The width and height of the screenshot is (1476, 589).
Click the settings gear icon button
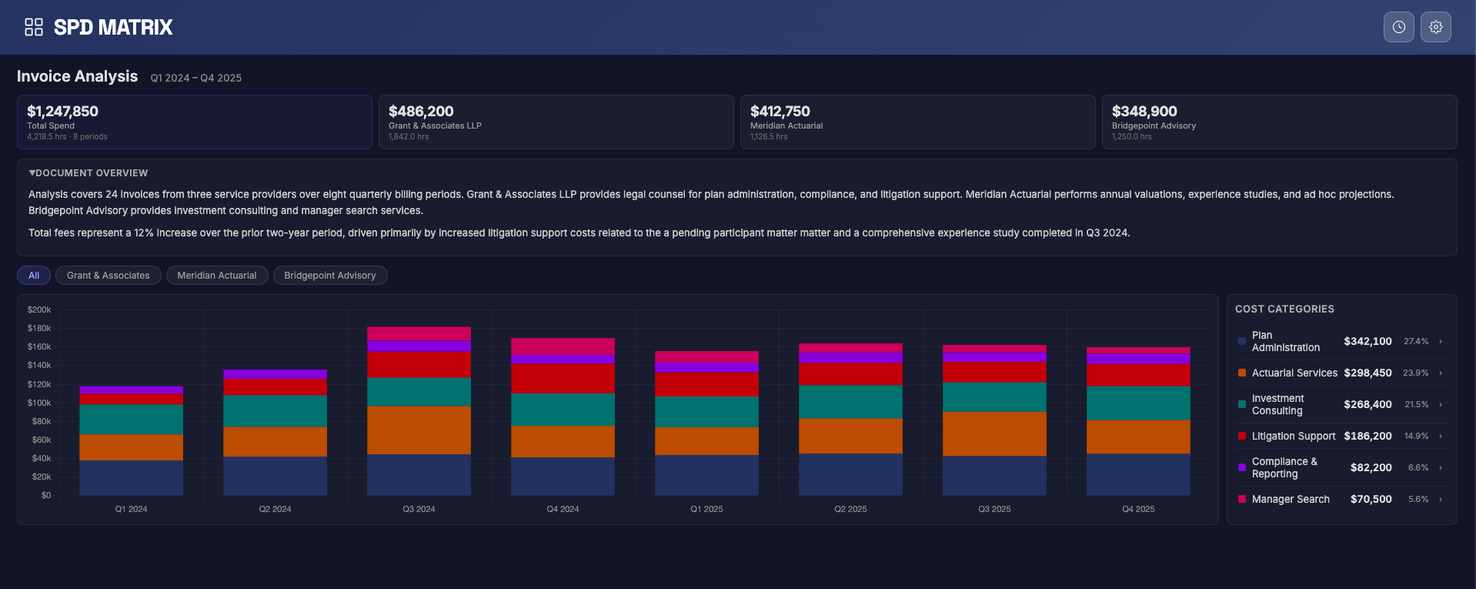point(1435,27)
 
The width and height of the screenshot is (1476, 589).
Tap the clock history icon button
point(1398,27)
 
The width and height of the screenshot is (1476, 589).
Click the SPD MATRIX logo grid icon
point(34,27)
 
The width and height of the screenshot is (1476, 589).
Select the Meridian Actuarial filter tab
point(217,276)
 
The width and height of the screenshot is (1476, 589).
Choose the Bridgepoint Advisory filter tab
point(330,276)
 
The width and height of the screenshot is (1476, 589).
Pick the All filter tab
point(34,276)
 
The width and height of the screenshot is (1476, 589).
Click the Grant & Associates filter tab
point(109,276)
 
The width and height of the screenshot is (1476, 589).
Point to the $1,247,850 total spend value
point(63,112)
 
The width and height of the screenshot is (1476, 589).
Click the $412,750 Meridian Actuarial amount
point(780,112)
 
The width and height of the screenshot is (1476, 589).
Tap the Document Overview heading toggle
point(88,173)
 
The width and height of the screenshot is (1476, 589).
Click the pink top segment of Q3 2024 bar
point(419,333)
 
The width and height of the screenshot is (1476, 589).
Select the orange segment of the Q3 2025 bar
point(994,433)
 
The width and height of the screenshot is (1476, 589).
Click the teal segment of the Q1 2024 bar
point(131,419)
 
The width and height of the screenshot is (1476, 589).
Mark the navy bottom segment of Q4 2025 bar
point(1138,474)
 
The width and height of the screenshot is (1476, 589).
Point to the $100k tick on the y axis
point(39,403)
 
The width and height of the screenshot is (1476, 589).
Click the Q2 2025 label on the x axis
point(850,509)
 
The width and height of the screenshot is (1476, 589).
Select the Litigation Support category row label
point(1293,436)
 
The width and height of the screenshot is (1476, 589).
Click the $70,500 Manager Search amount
point(1371,499)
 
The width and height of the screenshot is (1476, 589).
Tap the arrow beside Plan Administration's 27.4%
point(1441,341)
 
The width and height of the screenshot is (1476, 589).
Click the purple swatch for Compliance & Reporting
point(1242,467)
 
